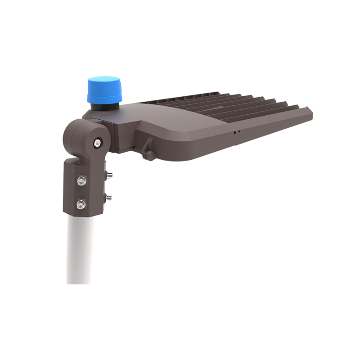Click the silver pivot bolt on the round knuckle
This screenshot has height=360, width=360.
pos(97,143)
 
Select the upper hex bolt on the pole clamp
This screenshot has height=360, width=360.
pos(81,180)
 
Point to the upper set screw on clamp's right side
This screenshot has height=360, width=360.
pos(108,174)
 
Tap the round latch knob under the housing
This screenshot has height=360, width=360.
pos(148,155)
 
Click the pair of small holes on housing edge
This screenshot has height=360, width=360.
pos(237,132)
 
